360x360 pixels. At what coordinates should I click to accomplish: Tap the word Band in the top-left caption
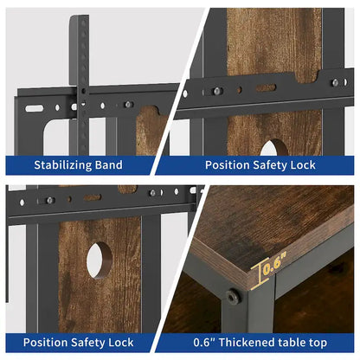point(109,165)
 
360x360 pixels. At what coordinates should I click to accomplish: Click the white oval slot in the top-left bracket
point(34,108)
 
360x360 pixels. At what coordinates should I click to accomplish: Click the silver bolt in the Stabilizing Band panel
point(128,105)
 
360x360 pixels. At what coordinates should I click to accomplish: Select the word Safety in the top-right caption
point(270,165)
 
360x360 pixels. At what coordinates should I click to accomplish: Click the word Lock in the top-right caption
point(303,165)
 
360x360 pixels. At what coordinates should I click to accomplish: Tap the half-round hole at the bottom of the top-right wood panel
point(274,148)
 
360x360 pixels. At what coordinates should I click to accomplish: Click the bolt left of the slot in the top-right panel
point(218,91)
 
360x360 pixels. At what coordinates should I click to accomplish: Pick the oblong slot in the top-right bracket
point(266,87)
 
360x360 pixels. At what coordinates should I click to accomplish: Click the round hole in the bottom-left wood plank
point(100,260)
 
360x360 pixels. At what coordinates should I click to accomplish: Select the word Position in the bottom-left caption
point(45,343)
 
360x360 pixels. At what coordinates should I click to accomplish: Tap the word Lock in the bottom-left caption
point(121,343)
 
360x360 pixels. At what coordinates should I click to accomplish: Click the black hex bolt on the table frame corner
point(232,297)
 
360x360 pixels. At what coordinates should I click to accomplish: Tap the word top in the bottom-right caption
point(316,344)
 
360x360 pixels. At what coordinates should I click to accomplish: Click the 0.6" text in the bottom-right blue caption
point(204,343)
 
